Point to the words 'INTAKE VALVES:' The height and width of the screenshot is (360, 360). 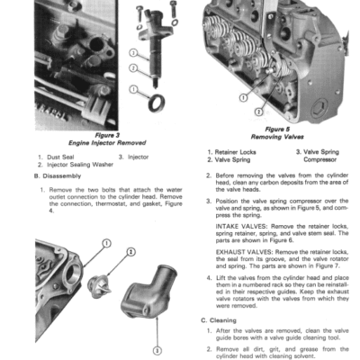point(237,224)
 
